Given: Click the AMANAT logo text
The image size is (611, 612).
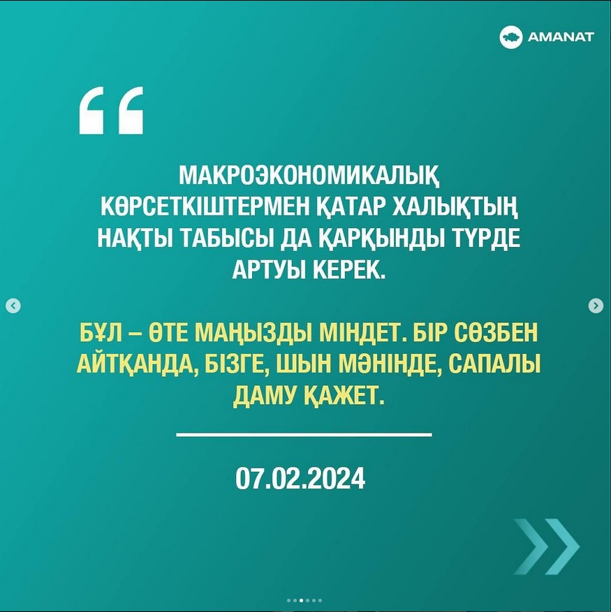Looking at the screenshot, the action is pyautogui.click(x=561, y=37).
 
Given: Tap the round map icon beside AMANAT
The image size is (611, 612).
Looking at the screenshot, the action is pyautogui.click(x=510, y=37).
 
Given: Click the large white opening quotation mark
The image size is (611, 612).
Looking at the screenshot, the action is pyautogui.click(x=111, y=110).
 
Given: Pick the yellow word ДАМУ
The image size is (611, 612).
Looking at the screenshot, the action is pyautogui.click(x=265, y=396).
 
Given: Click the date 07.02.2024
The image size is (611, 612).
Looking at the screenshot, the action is pyautogui.click(x=300, y=478).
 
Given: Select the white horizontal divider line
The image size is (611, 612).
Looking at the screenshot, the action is pyautogui.click(x=304, y=434).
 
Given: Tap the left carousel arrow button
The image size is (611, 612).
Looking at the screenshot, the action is pyautogui.click(x=13, y=306).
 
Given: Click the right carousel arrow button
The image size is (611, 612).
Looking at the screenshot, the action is pyautogui.click(x=596, y=306).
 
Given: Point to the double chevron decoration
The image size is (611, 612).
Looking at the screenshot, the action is pyautogui.click(x=546, y=546).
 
